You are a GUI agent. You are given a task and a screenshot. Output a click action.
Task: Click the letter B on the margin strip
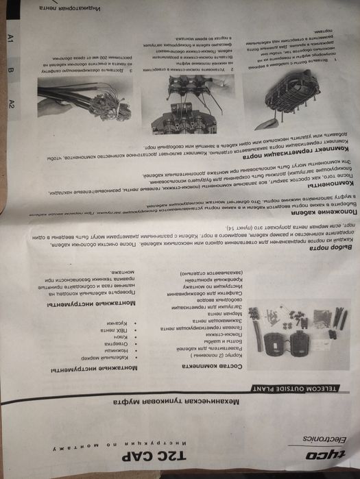pos(10,71)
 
